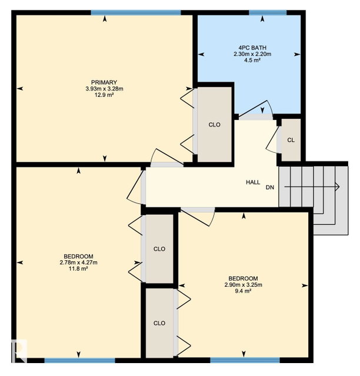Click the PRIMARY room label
pyautogui.click(x=104, y=82)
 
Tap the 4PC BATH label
pyautogui.click(x=252, y=48)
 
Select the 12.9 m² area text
pyautogui.click(x=105, y=95)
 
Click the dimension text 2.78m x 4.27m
pyautogui.click(x=79, y=263)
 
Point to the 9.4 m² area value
pyautogui.click(x=244, y=291)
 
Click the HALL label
pyautogui.click(x=253, y=182)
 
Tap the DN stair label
pyautogui.click(x=270, y=187)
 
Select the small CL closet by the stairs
pyautogui.click(x=291, y=140)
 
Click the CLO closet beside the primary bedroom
pyautogui.click(x=215, y=125)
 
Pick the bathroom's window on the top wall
pyautogui.click(x=268, y=12)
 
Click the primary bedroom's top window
pyautogui.click(x=136, y=12)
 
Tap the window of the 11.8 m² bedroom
pyautogui.click(x=80, y=360)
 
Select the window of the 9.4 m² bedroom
pyautogui.click(x=245, y=360)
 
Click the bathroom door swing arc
pyautogui.click(x=269, y=106)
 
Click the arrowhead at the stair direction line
pyautogui.click(x=338, y=186)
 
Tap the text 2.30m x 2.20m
pyautogui.click(x=252, y=54)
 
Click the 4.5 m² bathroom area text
pyautogui.click(x=252, y=60)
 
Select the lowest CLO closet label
pyautogui.click(x=159, y=323)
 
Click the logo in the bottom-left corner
pyautogui.click(x=19, y=351)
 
